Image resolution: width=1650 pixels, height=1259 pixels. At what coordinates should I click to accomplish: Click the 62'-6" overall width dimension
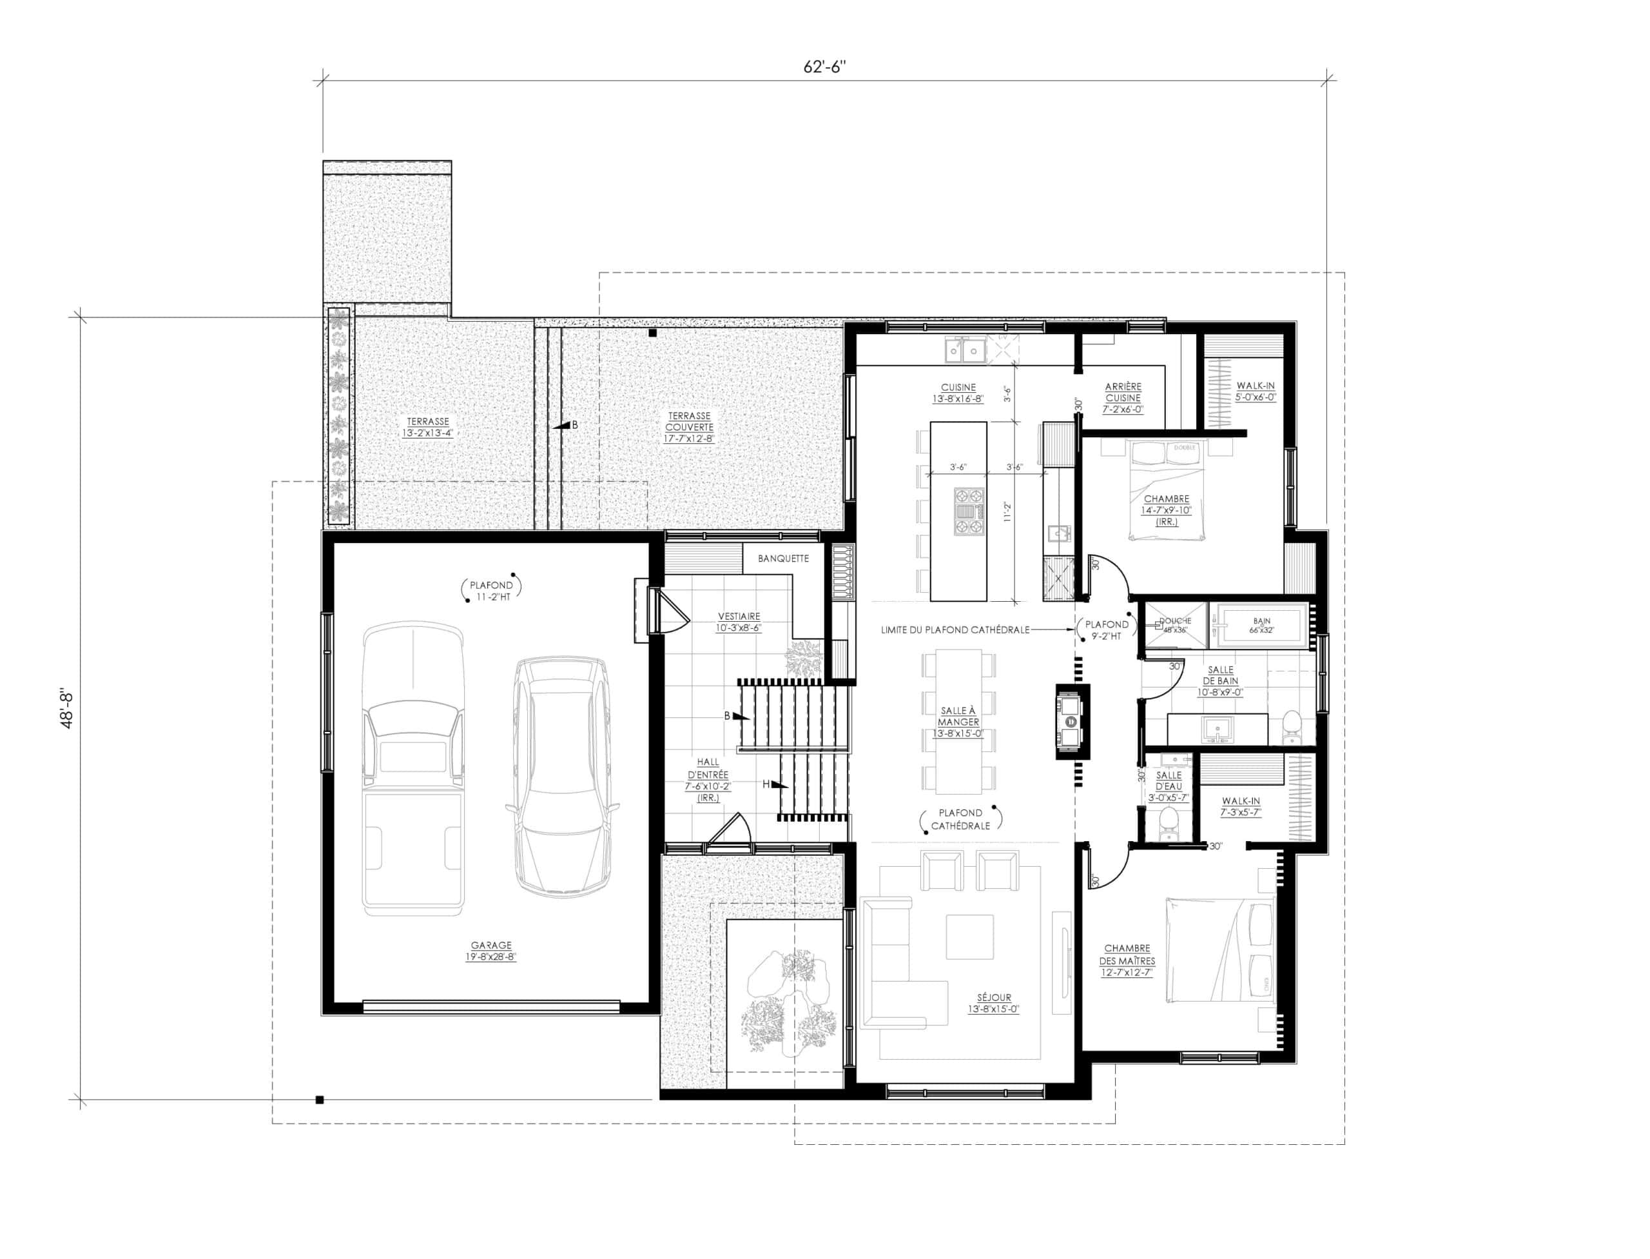824,66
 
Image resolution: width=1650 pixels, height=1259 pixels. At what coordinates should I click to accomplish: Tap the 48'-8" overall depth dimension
68,709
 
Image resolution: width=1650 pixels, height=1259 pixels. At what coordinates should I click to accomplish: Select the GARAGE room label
490,946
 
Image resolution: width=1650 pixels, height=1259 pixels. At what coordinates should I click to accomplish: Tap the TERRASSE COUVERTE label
689,426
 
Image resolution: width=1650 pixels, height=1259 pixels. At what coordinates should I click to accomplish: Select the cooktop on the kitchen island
969,512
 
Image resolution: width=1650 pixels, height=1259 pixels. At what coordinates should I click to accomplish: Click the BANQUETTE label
782,559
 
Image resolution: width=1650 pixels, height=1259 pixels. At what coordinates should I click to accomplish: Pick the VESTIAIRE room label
738,617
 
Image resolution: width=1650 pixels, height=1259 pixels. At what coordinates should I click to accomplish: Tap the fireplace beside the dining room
1071,721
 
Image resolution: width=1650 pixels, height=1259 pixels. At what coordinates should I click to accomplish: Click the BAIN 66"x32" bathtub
1261,625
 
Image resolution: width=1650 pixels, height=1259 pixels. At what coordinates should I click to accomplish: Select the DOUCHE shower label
1174,621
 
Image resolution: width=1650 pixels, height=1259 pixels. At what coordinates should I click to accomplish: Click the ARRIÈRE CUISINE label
1123,393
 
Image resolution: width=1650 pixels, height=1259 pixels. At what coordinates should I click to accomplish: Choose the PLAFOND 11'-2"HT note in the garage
491,591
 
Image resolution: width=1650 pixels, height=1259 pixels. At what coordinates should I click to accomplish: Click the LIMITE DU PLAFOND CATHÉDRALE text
955,630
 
